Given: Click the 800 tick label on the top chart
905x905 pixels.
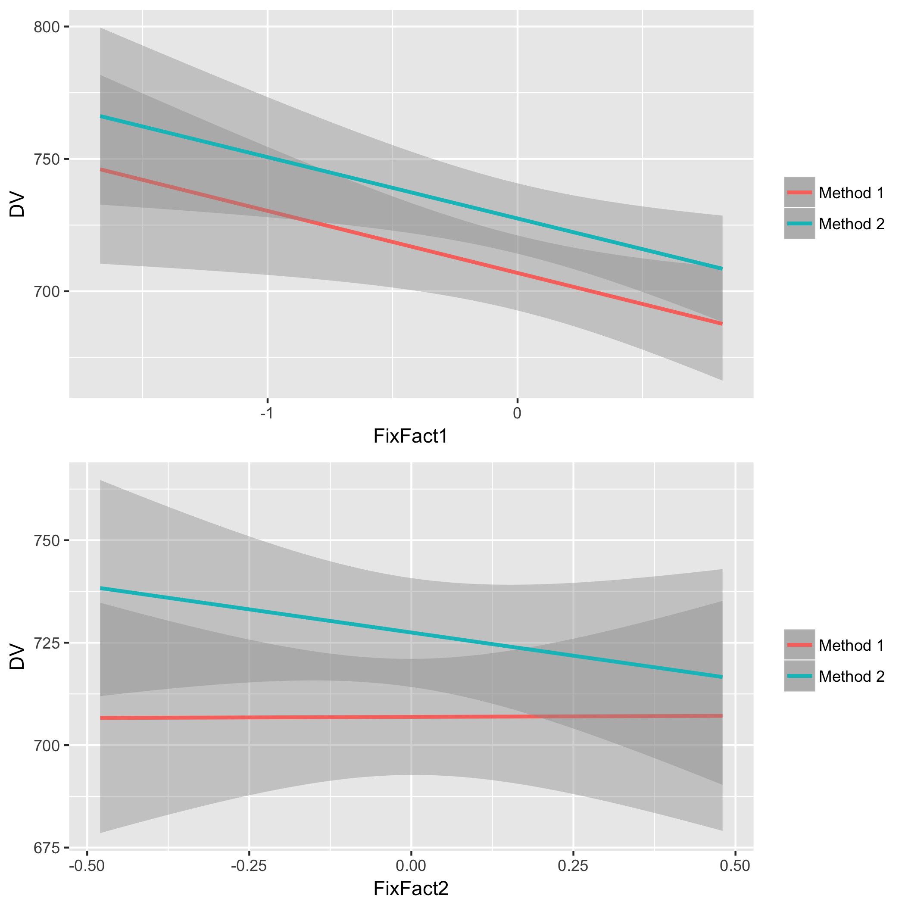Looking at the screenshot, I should (x=47, y=27).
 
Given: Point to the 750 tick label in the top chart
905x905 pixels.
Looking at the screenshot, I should (x=47, y=159).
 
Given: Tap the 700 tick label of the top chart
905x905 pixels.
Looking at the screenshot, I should (x=47, y=292).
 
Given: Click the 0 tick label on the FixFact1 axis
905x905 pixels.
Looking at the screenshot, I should (x=517, y=414).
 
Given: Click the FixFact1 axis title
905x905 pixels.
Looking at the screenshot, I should (x=410, y=437).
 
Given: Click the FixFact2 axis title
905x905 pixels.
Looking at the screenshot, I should (x=410, y=889).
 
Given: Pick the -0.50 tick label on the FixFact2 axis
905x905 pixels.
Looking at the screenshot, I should (x=87, y=866).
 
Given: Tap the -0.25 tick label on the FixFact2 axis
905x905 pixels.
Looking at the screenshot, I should (x=249, y=866).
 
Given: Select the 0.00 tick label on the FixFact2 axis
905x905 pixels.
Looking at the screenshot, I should (x=411, y=866).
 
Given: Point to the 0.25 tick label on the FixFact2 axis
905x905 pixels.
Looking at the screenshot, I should (x=573, y=866).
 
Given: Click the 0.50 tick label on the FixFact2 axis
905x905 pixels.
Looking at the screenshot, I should (x=735, y=866).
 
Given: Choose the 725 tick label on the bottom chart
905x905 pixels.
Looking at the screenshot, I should (x=47, y=643).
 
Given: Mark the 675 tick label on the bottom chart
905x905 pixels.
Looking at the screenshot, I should (x=47, y=848).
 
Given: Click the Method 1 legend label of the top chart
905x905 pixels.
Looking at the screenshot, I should (x=851, y=193).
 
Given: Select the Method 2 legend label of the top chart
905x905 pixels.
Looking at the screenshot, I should (x=851, y=225).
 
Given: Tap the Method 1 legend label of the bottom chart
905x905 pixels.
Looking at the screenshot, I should (x=851, y=646).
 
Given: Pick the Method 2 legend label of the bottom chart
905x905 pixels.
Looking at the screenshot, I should (x=851, y=677).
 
